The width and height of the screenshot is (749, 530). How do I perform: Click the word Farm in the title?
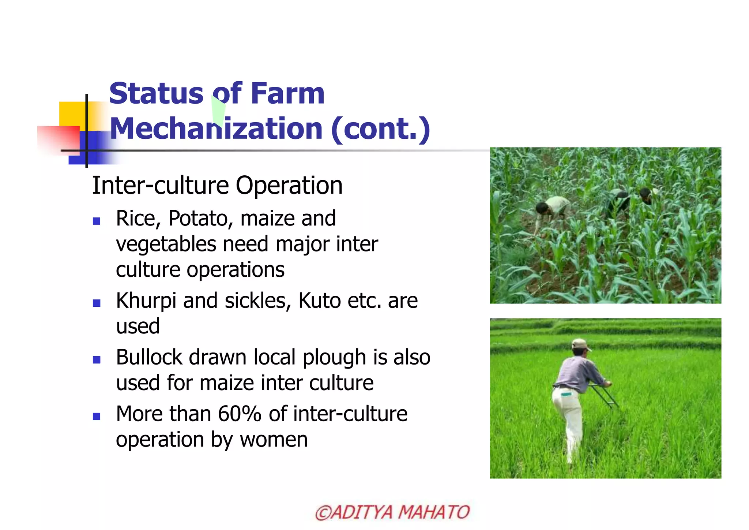[287, 94]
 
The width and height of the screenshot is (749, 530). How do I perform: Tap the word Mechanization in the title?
[216, 129]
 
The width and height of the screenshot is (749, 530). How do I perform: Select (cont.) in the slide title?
[380, 129]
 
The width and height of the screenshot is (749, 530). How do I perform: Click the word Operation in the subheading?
[289, 186]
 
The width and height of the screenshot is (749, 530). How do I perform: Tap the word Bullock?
[149, 357]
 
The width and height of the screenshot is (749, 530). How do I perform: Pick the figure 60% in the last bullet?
[240, 414]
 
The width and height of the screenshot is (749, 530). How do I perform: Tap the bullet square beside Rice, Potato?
[97, 221]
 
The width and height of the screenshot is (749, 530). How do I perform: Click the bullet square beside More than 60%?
[97, 416]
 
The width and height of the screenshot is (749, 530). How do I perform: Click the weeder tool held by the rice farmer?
[605, 397]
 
